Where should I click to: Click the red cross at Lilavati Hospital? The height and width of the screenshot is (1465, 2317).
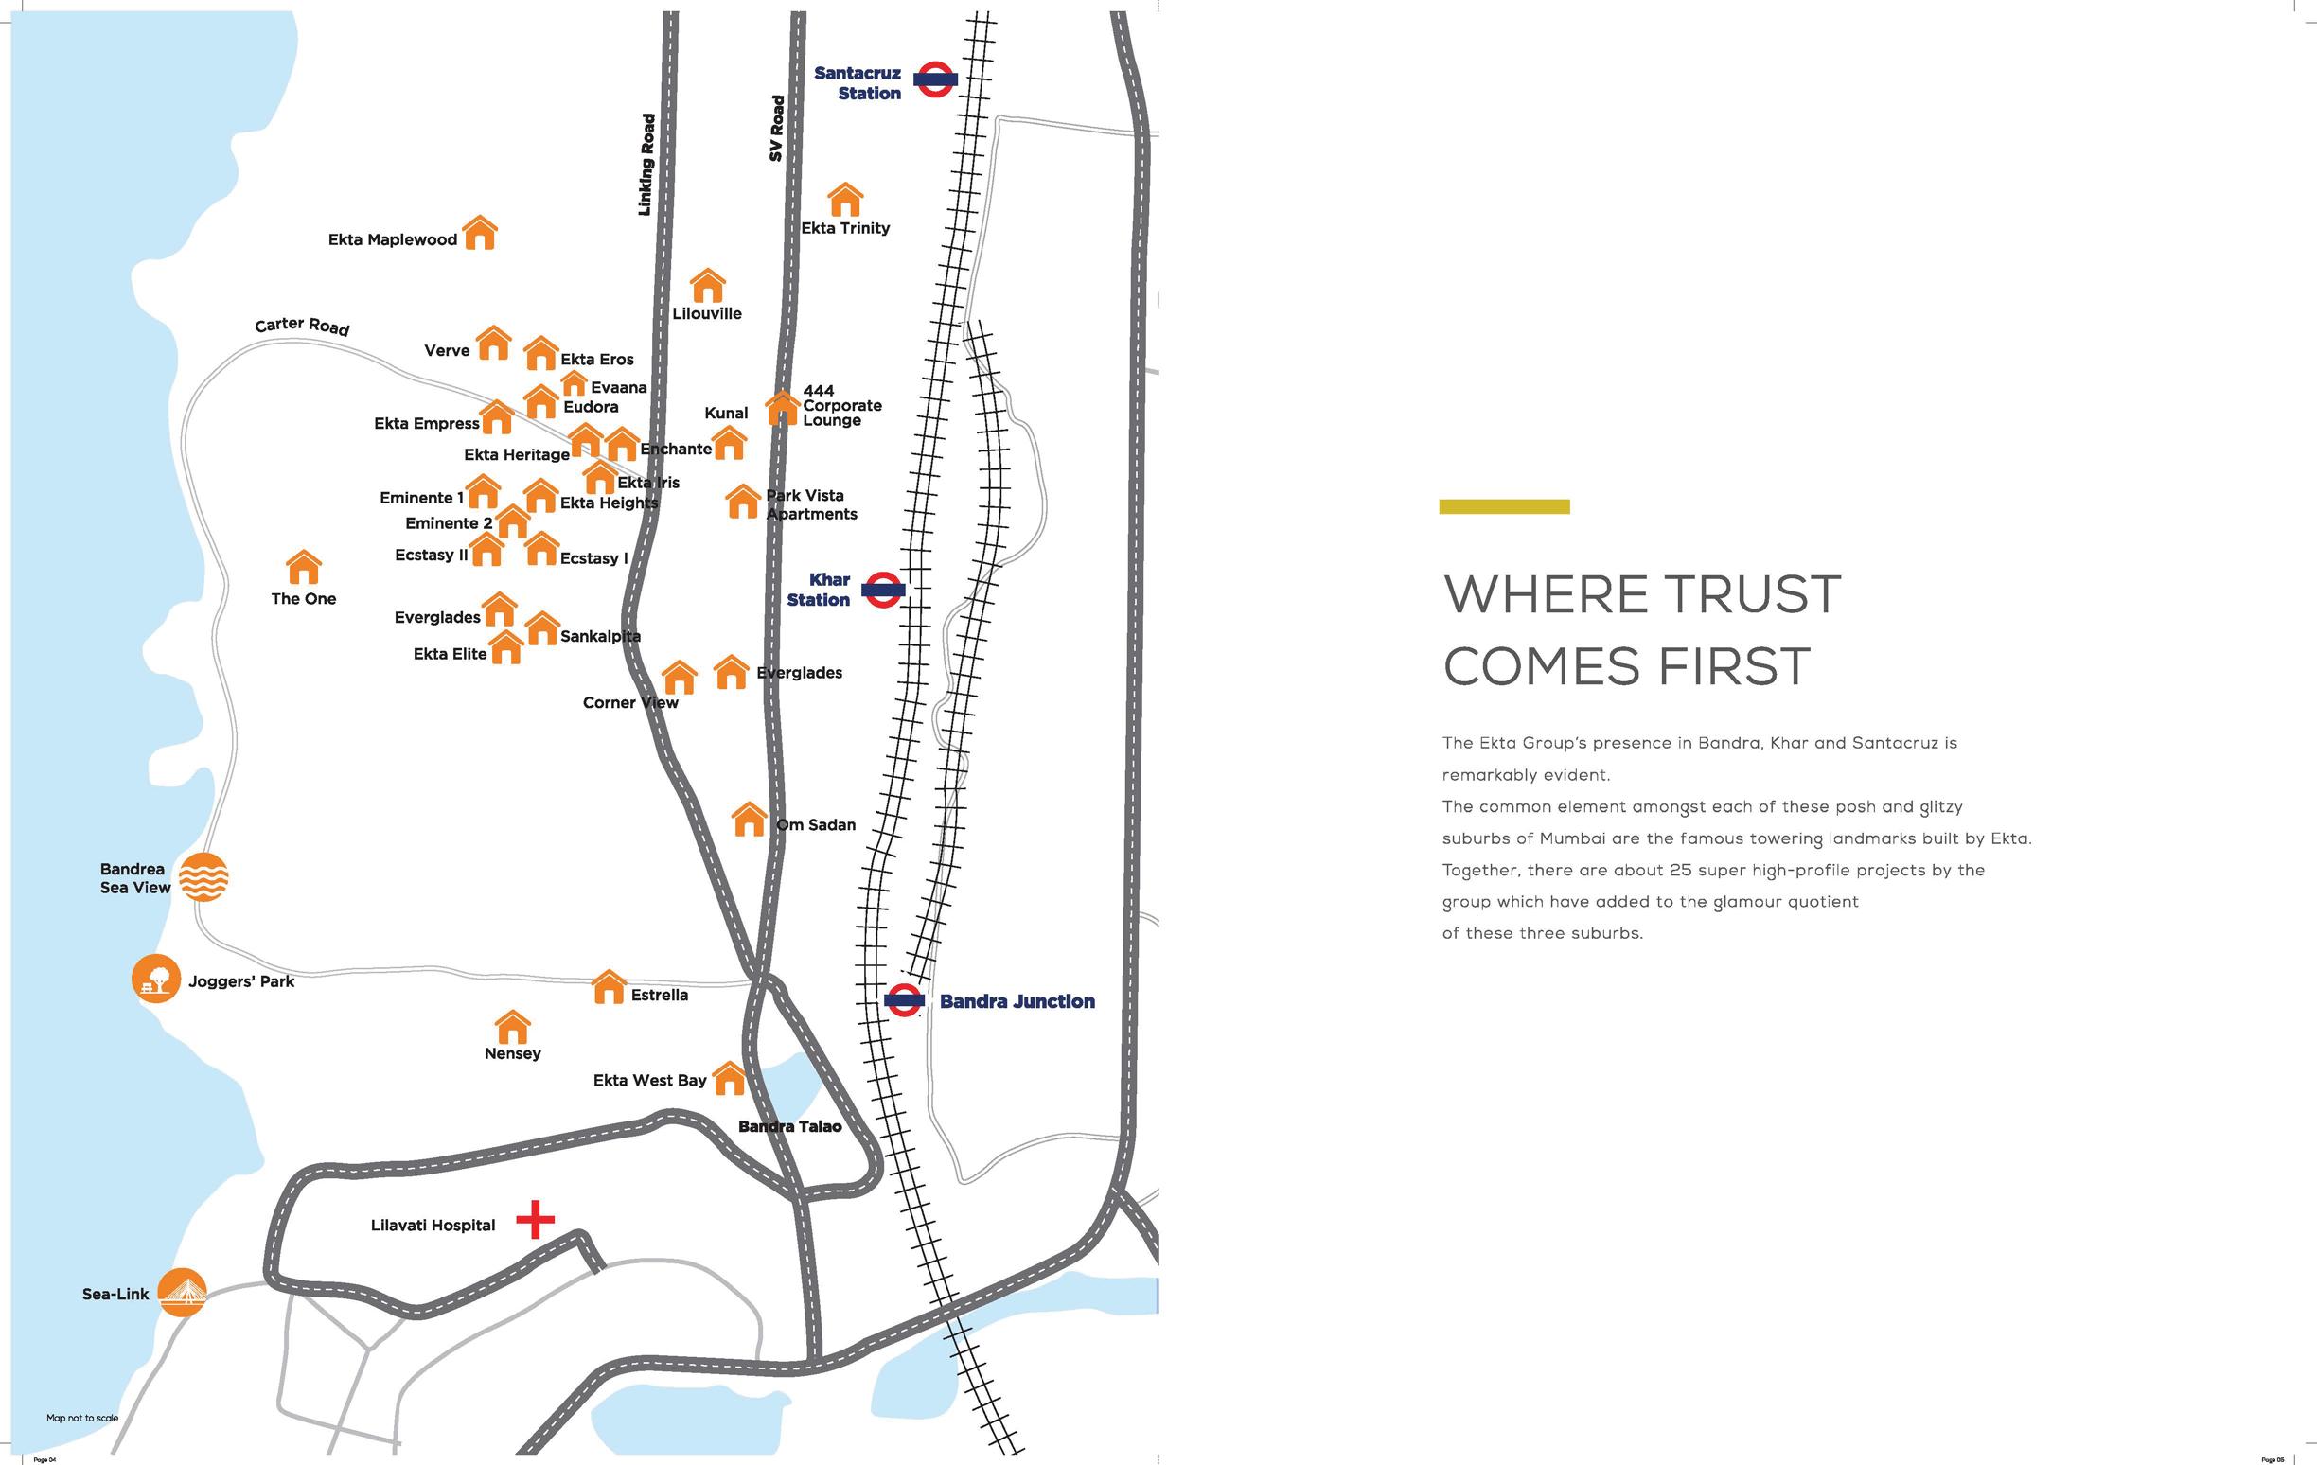click(535, 1220)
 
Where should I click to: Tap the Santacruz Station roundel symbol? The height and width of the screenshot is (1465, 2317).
click(934, 79)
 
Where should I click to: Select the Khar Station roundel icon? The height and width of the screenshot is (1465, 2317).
click(882, 590)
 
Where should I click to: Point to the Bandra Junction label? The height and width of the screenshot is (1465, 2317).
click(1017, 1001)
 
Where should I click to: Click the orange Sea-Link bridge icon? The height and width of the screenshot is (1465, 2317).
click(182, 1292)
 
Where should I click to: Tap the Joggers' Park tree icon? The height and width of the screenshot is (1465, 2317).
click(156, 980)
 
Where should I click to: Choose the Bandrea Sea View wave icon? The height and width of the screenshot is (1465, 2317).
click(204, 876)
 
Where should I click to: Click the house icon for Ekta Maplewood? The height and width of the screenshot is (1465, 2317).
click(480, 233)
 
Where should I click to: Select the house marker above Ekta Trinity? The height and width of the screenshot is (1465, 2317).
click(845, 199)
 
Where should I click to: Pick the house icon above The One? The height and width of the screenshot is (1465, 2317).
click(304, 568)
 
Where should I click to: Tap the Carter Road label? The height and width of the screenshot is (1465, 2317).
click(302, 327)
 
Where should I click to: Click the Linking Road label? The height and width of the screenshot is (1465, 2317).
click(646, 165)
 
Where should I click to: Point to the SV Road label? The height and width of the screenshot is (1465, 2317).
click(776, 128)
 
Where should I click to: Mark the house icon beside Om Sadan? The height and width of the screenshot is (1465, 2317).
click(749, 820)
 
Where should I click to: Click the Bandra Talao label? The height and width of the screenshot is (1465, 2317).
click(789, 1126)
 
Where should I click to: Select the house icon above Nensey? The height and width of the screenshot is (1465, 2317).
click(512, 1028)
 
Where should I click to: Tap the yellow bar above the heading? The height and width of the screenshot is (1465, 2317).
click(1504, 507)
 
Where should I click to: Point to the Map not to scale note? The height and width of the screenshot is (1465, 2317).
click(82, 1418)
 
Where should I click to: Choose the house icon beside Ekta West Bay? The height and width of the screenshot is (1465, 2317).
click(729, 1078)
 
